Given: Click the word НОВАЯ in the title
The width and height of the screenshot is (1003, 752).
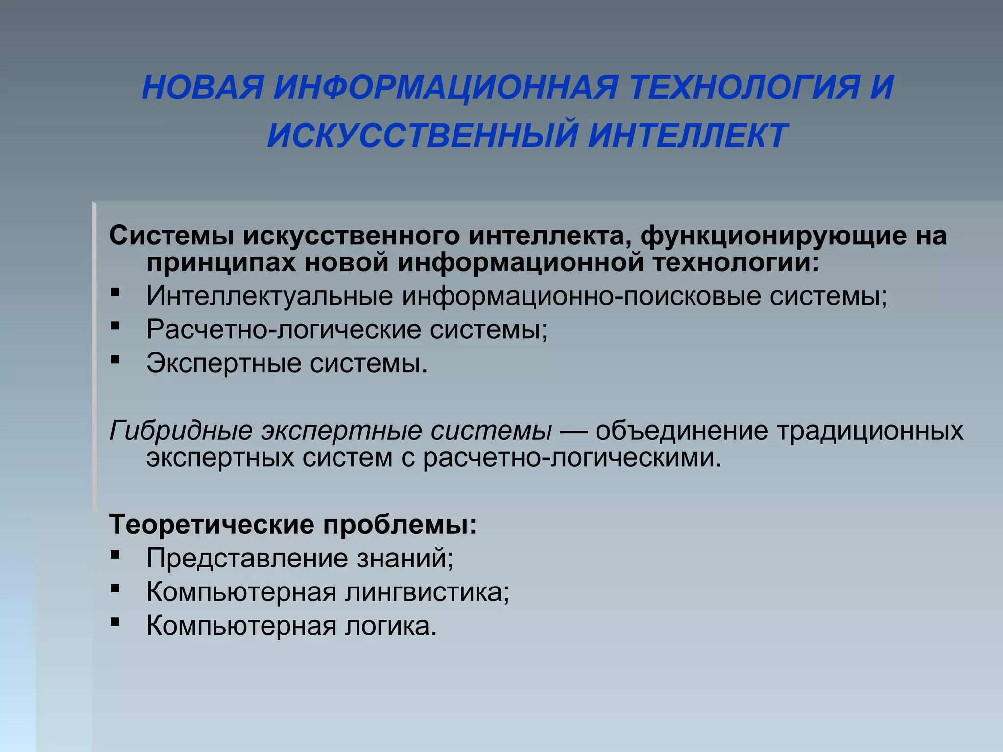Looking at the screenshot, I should point(203,88).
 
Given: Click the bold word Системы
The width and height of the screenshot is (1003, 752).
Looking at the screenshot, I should point(171,235).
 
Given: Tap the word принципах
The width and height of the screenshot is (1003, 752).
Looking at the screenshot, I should point(221,263).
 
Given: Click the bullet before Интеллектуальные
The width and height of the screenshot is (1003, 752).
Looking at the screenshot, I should point(115,293).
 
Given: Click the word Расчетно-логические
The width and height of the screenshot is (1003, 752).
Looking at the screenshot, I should point(284,330).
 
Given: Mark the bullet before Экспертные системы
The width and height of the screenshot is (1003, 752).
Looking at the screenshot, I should point(115,360).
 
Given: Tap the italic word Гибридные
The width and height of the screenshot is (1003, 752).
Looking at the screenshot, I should point(181,431).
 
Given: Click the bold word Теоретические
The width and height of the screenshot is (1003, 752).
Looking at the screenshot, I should point(211,525).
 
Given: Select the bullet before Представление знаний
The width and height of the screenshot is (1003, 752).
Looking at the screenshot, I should point(115,555).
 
